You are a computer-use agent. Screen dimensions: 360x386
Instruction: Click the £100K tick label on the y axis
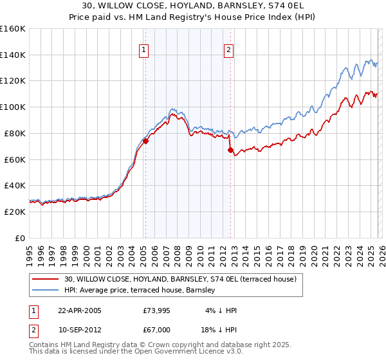(12, 107)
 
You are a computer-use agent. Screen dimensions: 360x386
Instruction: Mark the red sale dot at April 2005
(146, 141)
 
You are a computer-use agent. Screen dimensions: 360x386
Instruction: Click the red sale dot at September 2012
(230, 150)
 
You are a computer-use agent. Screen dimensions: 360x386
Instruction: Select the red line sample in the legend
(46, 279)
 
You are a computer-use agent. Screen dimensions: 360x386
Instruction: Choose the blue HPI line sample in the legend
(46, 291)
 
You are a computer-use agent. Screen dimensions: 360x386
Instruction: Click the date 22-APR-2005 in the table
(80, 310)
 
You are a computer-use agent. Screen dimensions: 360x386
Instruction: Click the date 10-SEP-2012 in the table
(80, 330)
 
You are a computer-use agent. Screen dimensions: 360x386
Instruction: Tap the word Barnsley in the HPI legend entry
(205, 291)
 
